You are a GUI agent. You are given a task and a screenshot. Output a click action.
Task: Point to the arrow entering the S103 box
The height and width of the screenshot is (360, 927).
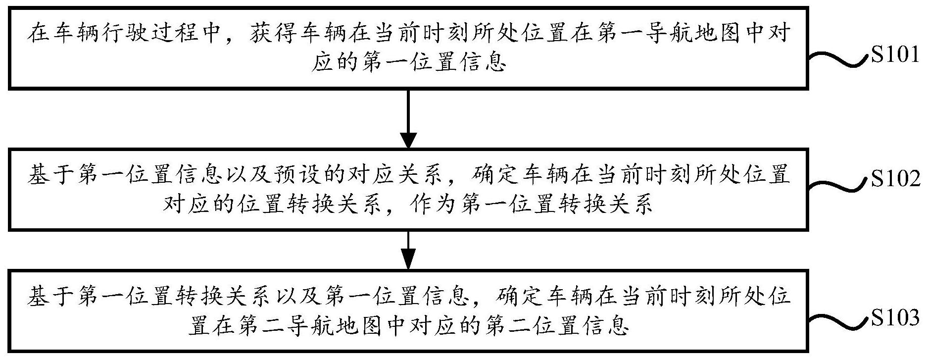408,250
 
